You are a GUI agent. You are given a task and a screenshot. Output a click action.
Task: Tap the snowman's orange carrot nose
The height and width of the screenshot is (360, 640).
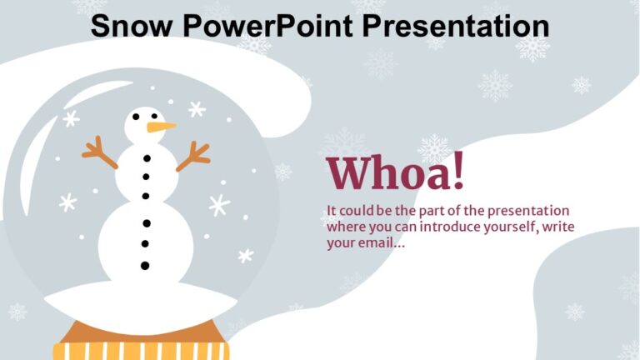(x=162, y=127)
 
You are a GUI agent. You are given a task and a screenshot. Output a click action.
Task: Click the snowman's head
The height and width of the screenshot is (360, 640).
(x=143, y=125)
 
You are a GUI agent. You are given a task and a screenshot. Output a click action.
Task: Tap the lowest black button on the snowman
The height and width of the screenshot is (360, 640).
(x=145, y=266)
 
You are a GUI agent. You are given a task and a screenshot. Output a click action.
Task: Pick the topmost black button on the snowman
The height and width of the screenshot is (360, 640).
(x=147, y=157)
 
